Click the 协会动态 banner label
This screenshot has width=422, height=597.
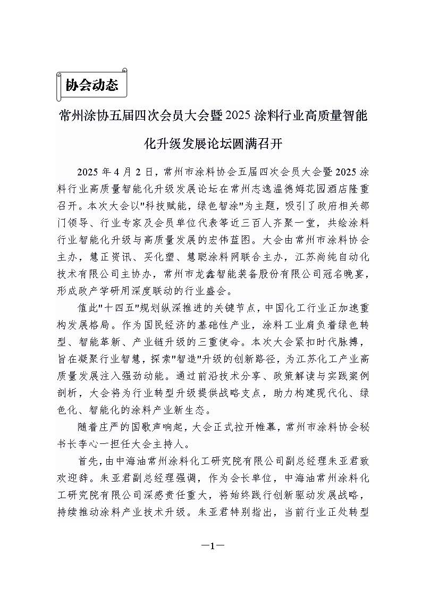(91, 86)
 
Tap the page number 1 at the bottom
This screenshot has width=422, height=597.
(211, 546)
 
